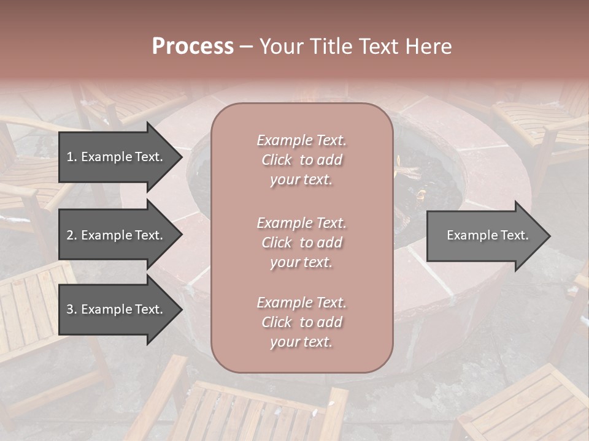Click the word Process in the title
tap(193, 47)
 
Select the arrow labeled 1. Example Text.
tap(115, 157)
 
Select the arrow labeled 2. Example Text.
tap(115, 235)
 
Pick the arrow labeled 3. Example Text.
tap(115, 309)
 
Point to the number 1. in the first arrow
tap(72, 157)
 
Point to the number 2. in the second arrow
tap(72, 235)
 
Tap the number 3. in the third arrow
tap(72, 309)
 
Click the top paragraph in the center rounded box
tap(301, 160)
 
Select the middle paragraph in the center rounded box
tap(301, 243)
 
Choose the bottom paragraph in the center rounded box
tap(301, 322)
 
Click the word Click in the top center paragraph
tap(277, 160)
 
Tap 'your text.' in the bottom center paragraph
tap(301, 342)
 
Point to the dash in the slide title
tap(246, 47)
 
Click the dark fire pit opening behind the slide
tap(429, 184)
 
